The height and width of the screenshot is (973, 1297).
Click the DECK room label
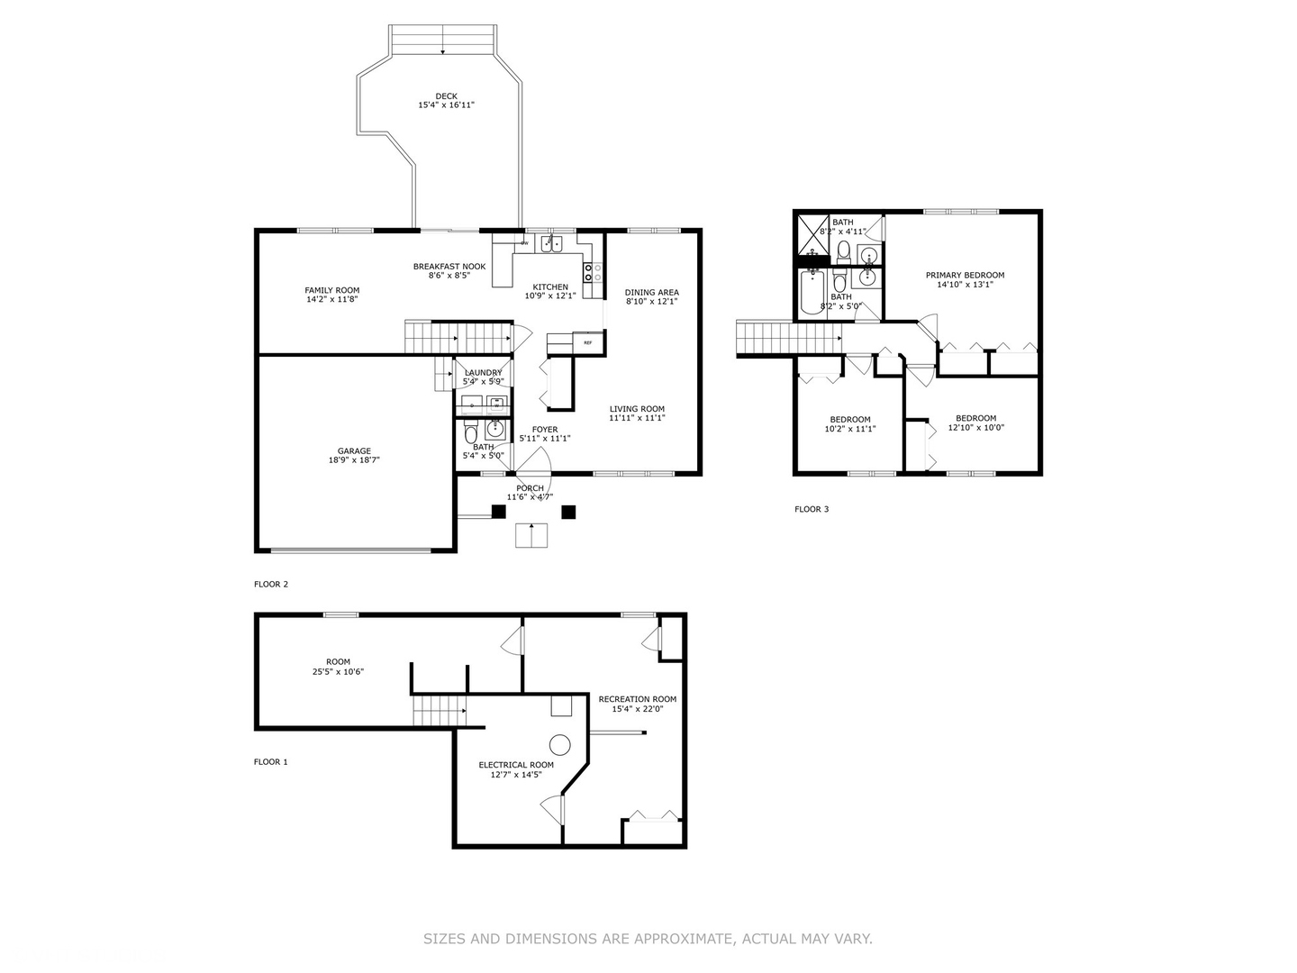446,96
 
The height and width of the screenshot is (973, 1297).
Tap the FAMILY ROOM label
331,291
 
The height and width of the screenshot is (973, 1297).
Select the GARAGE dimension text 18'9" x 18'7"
354,460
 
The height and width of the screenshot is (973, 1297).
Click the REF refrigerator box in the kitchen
588,343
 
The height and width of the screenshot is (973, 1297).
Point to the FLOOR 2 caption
271,585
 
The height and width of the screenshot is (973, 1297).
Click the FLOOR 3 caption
812,510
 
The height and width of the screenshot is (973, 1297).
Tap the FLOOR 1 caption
271,762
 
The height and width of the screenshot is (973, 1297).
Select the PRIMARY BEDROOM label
965,276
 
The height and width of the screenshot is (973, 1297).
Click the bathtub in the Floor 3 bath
812,290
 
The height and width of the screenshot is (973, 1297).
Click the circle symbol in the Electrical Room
560,744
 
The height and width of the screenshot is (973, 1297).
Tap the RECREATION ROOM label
637,699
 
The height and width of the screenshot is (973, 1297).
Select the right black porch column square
568,512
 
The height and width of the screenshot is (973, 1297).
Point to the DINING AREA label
651,293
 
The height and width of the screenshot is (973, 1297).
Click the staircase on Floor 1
439,710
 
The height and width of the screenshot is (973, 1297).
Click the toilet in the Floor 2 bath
470,436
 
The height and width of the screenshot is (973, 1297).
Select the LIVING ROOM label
637,409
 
